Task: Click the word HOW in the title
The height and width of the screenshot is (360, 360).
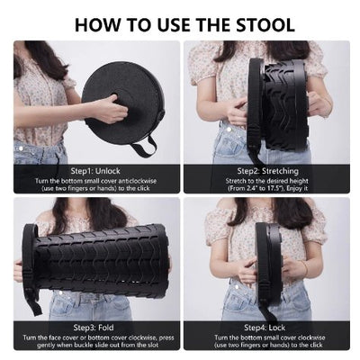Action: (98, 22)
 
